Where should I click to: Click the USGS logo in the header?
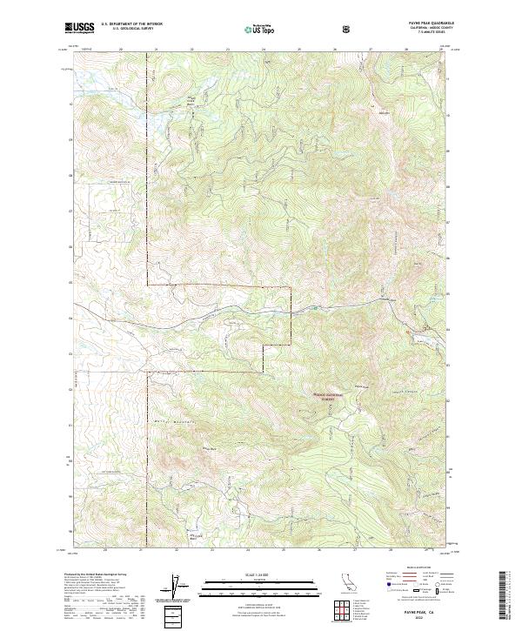click(x=79, y=28)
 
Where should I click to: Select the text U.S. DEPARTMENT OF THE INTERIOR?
click(x=131, y=24)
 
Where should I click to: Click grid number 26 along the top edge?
click(x=335, y=50)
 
